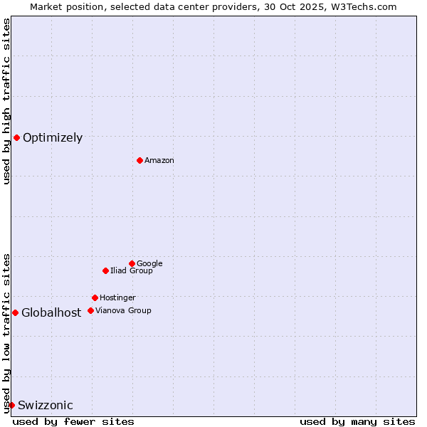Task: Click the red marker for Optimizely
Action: pyautogui.click(x=16, y=137)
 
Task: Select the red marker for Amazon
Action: pyautogui.click(x=139, y=160)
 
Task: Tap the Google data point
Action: pyautogui.click(x=132, y=263)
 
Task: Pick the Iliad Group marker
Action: pyautogui.click(x=105, y=270)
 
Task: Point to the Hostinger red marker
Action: pyautogui.click(x=95, y=297)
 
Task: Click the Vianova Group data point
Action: pyautogui.click(x=90, y=310)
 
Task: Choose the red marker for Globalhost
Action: pyautogui.click(x=15, y=312)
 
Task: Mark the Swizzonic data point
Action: pyautogui.click(x=11, y=405)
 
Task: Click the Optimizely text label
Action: pyautogui.click(x=53, y=138)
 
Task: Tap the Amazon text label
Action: pyautogui.click(x=159, y=161)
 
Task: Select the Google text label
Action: pyautogui.click(x=149, y=264)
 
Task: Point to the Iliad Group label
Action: pyautogui.click(x=132, y=271)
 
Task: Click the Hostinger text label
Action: pyautogui.click(x=117, y=298)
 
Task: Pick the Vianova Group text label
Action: pyautogui.click(x=123, y=311)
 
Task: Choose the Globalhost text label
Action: pyautogui.click(x=51, y=313)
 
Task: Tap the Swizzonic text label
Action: pyautogui.click(x=46, y=406)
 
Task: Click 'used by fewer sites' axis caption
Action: pyautogui.click(x=73, y=421)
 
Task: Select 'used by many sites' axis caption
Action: pyautogui.click(x=357, y=421)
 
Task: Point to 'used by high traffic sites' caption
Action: pyautogui.click(x=6, y=101)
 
